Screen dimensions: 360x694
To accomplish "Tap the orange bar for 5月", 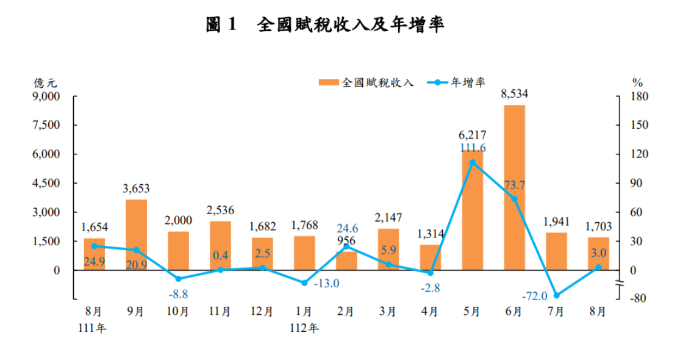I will point(472,210).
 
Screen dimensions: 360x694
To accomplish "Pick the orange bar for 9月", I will point(136,235).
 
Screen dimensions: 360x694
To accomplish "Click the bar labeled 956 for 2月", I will point(346,261).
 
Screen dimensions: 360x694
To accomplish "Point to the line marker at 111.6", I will point(472,162).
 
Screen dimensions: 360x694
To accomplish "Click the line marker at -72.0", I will point(556,295).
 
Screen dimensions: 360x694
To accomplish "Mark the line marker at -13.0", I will point(304,283).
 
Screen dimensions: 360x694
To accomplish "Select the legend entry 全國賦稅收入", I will point(366,82).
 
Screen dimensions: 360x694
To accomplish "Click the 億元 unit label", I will point(45,82).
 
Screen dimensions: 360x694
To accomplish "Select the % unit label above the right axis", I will point(637,82).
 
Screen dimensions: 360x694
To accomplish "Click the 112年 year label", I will point(304,328).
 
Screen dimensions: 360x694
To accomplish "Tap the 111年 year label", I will point(93,328).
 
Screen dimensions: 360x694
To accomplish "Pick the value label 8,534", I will point(514,95).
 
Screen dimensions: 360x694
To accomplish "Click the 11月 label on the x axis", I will point(220,312).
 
